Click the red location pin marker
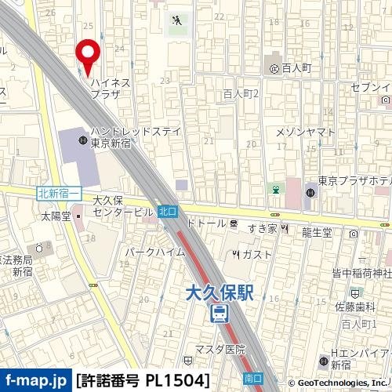(89, 53)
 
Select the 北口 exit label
(167, 211)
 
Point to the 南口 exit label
(253, 377)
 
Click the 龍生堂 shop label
(317, 232)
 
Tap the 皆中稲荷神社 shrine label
(361, 273)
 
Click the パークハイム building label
(153, 253)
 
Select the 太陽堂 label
(56, 215)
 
